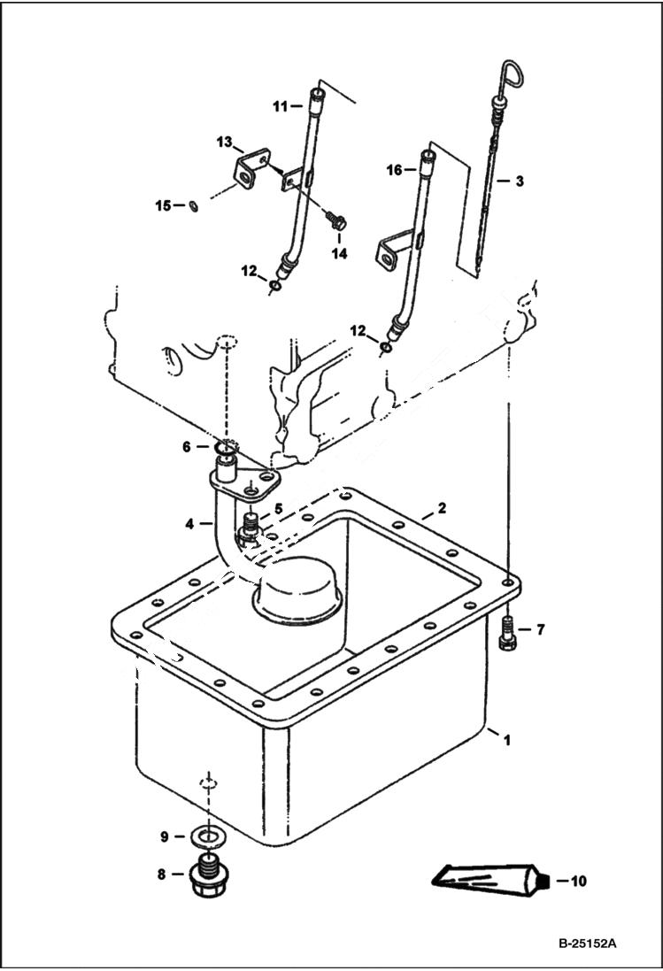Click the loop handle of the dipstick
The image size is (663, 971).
coord(511,73)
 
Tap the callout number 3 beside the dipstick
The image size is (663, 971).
coord(520,181)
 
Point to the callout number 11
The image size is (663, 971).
coord(280,106)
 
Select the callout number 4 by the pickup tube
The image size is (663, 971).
coord(189,524)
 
